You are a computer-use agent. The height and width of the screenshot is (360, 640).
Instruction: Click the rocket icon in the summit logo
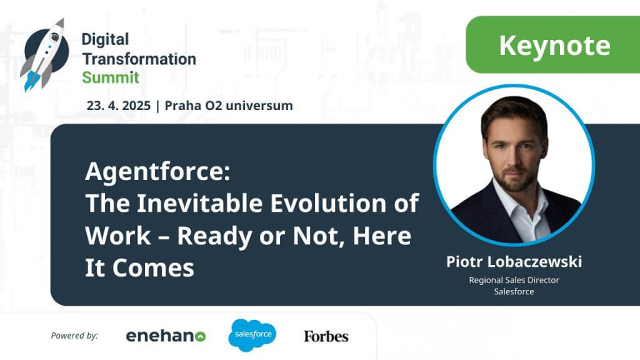point(44,54)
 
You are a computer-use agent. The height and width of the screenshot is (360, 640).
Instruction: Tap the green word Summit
point(111,77)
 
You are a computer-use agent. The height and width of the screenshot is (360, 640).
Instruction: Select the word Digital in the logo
point(105,39)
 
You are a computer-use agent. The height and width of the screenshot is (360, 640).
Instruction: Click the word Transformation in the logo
point(139,59)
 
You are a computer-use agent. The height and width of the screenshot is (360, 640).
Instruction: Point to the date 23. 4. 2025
point(118,106)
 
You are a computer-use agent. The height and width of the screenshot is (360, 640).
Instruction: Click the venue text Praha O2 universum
point(229,106)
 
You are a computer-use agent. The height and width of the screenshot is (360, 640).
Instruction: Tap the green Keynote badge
point(552,44)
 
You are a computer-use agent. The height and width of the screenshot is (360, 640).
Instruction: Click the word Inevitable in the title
point(199,203)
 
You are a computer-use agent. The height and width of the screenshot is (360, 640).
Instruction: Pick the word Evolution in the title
point(328,203)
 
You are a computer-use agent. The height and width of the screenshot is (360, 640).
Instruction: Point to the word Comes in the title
point(153,269)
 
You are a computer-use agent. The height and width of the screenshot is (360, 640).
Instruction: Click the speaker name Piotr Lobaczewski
point(514,262)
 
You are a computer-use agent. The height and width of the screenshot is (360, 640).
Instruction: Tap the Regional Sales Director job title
point(514,280)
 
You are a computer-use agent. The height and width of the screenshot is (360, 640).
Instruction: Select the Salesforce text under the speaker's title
point(514,291)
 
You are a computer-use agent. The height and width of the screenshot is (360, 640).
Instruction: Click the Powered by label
point(74,336)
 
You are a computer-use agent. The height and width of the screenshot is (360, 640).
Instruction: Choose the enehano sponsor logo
point(166,336)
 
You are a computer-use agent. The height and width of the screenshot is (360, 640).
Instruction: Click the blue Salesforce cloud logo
point(252,335)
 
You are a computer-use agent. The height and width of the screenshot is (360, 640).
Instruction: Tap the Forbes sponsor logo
point(326,336)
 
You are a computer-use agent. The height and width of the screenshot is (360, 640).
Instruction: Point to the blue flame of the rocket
point(31,81)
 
